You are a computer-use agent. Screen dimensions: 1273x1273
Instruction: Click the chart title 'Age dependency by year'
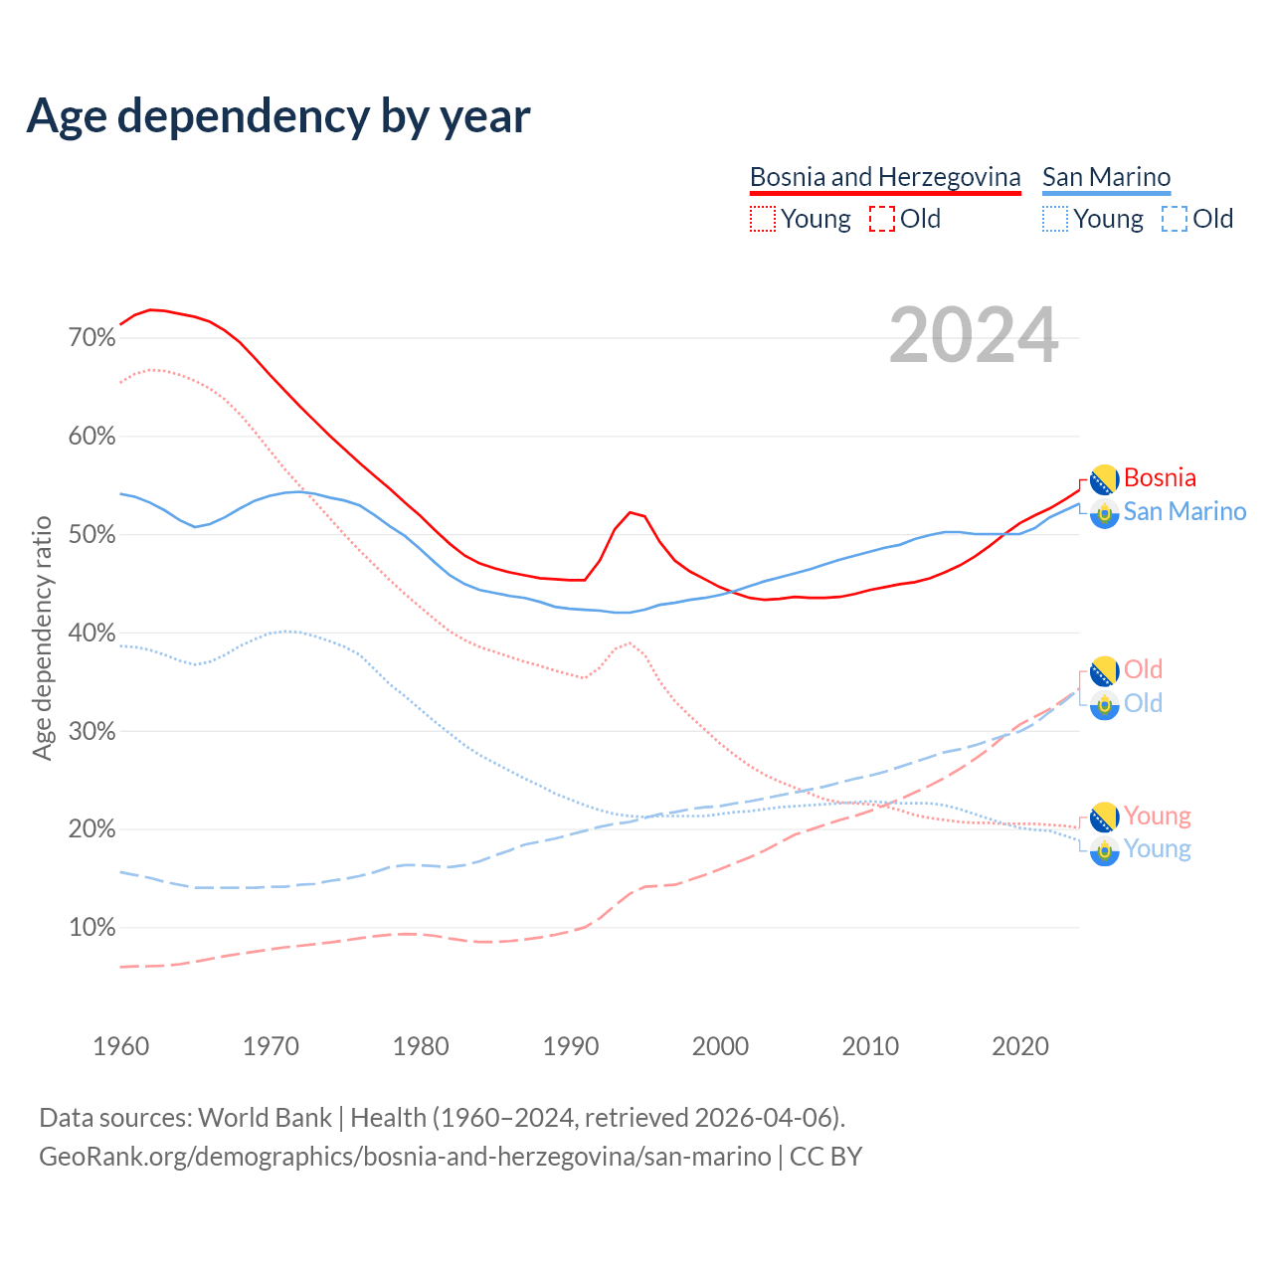278,116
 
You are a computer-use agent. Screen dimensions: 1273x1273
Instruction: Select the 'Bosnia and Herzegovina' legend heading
885,177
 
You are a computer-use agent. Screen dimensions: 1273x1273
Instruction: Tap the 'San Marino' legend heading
1106,177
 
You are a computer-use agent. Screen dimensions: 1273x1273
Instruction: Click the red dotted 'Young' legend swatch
762,219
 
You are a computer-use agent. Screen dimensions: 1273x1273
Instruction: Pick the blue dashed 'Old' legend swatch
1174,219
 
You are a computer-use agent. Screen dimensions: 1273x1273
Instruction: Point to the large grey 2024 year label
974,336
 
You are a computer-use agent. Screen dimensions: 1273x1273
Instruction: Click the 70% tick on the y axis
92,338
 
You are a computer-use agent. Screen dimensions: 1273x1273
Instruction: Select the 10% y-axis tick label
92,928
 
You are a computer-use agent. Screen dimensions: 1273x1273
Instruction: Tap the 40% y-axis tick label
92,634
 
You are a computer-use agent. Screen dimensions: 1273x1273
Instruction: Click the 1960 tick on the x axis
120,1046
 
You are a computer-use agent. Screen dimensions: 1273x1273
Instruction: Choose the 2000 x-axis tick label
720,1046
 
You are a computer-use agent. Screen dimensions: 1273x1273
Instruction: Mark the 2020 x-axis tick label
1020,1046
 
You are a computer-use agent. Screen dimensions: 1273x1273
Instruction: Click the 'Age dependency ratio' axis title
42,637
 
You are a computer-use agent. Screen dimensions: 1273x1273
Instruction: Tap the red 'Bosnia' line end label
1160,478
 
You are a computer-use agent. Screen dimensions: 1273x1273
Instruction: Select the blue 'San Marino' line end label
1184,512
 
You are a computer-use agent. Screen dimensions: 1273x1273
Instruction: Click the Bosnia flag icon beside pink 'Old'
1105,671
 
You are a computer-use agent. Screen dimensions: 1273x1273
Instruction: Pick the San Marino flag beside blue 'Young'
1105,850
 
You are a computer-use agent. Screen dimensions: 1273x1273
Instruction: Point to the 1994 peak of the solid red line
630,512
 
